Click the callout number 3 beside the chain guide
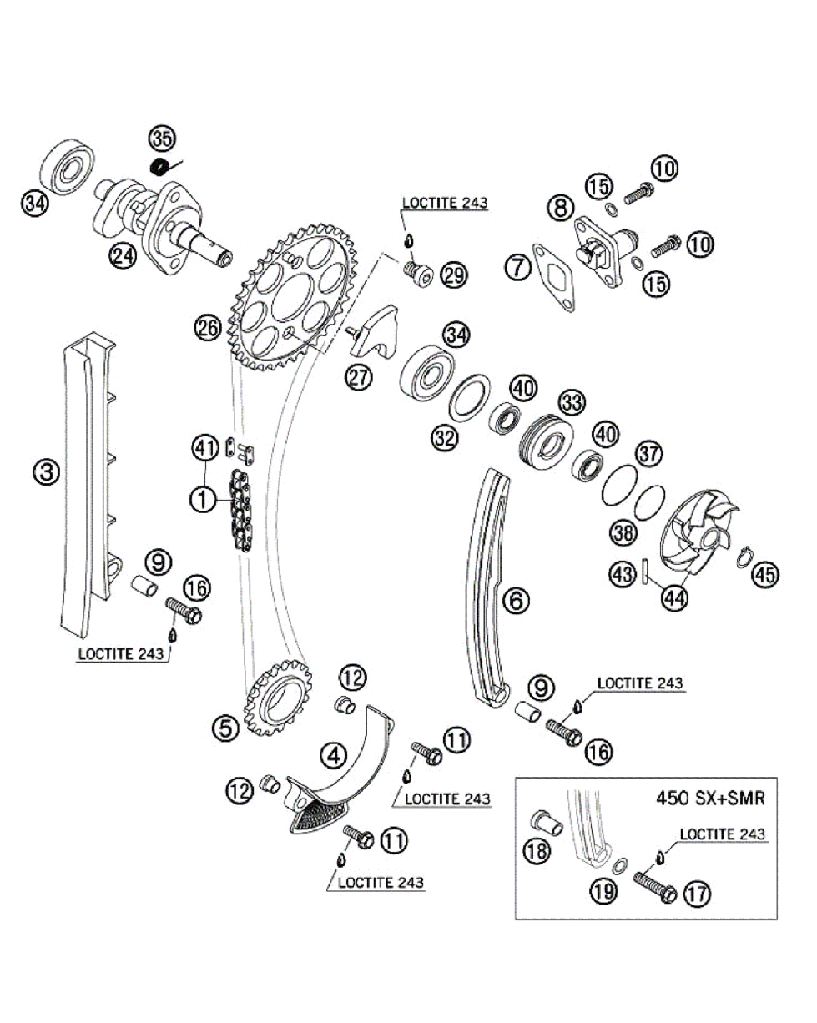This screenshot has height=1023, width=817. (47, 472)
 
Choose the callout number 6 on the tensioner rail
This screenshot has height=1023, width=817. (515, 597)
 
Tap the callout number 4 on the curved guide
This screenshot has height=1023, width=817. (333, 756)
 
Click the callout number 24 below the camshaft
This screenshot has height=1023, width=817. (124, 257)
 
